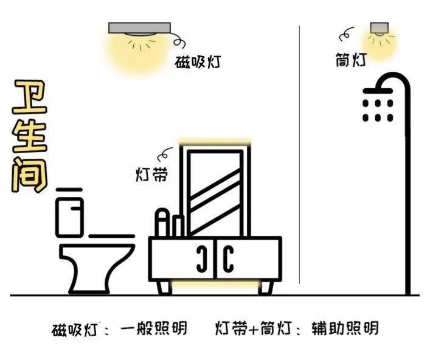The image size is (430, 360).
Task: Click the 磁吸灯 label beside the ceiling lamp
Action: (198, 62)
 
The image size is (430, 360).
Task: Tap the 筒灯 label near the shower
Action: (351, 60)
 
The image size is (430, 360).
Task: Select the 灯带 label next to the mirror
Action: (151, 175)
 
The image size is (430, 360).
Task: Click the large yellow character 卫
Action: (30, 97)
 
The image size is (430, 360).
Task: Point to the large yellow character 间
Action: (29, 175)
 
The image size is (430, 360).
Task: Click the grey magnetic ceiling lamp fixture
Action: (139, 28)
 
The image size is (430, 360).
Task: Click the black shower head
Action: (378, 91)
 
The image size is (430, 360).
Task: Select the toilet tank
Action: (69, 217)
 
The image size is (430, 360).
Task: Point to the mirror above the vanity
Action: (215, 193)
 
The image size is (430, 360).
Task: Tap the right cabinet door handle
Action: (228, 259)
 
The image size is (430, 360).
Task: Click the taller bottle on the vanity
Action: (162, 223)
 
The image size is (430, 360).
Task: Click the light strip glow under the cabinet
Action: (215, 285)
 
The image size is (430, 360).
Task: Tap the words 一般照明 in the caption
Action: (153, 328)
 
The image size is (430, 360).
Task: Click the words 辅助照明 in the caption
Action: (345, 328)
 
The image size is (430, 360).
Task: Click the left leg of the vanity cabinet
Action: (164, 288)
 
